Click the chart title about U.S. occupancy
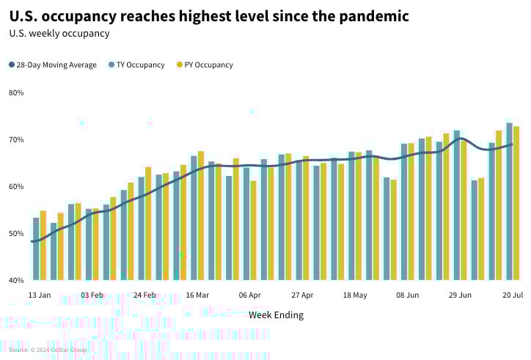click(209, 15)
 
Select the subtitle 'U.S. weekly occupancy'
click(59, 33)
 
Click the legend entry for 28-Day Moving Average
click(53, 65)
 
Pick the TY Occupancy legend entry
click(136, 65)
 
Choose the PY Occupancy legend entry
click(205, 65)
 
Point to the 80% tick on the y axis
click(16, 93)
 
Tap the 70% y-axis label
click(16, 140)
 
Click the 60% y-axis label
click(16, 187)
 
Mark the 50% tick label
click(16, 234)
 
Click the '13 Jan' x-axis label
click(40, 295)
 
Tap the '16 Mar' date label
click(197, 295)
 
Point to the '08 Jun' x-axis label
click(408, 295)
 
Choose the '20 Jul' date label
click(512, 295)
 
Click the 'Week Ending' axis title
click(276, 315)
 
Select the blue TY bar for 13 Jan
click(36, 249)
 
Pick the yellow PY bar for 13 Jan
click(43, 246)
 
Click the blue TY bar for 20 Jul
click(509, 202)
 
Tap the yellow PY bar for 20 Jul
click(516, 203)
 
